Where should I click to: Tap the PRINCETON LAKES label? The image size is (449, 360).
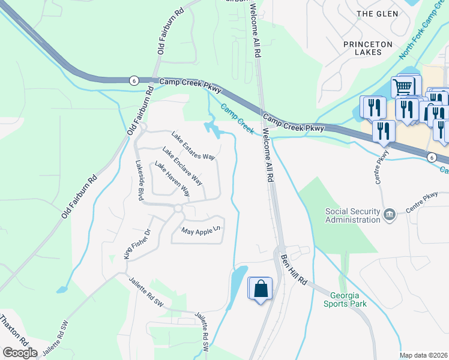pos(368,48)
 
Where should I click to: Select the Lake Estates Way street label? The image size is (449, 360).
pos(193,146)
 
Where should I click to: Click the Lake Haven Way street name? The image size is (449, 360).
pos(172,179)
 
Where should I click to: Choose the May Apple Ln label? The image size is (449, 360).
pos(202,230)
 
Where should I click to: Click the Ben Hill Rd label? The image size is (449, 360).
pos(294,269)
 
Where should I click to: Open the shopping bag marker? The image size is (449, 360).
pos(261,289)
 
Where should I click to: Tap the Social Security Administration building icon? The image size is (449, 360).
pos(390,214)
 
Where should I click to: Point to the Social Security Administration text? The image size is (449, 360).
pos(353,215)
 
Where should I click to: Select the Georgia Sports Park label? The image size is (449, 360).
pos(348,299)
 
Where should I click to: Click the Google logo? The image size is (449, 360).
pos(20,353)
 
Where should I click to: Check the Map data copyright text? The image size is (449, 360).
pos(424,355)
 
